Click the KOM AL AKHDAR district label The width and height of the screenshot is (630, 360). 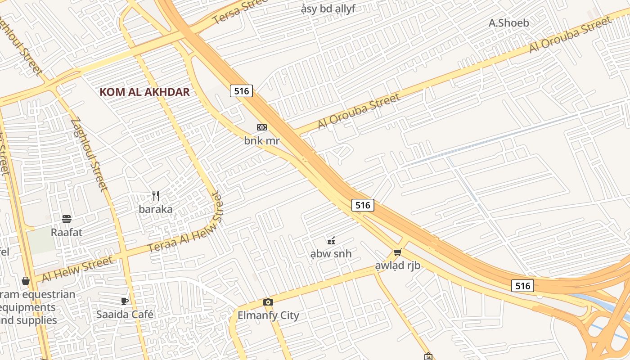144,92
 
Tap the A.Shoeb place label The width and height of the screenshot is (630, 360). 508,22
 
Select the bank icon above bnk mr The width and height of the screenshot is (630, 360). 262,127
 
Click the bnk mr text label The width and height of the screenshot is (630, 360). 262,141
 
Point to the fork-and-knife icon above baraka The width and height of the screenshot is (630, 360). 156,196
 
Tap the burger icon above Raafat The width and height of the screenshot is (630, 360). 67,219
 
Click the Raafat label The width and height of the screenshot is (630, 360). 67,233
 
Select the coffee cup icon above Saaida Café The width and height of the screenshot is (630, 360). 125,301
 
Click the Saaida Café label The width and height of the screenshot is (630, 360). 125,315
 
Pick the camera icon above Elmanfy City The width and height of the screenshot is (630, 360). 268,302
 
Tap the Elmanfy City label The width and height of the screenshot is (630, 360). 268,315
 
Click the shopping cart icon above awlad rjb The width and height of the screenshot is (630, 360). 397,252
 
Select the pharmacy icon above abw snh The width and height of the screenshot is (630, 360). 331,240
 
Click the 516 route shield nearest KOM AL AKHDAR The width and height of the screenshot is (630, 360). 242,91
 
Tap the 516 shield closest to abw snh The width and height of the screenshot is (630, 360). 363,205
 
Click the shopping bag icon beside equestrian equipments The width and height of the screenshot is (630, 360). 25,281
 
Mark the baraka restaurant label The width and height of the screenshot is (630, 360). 156,209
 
